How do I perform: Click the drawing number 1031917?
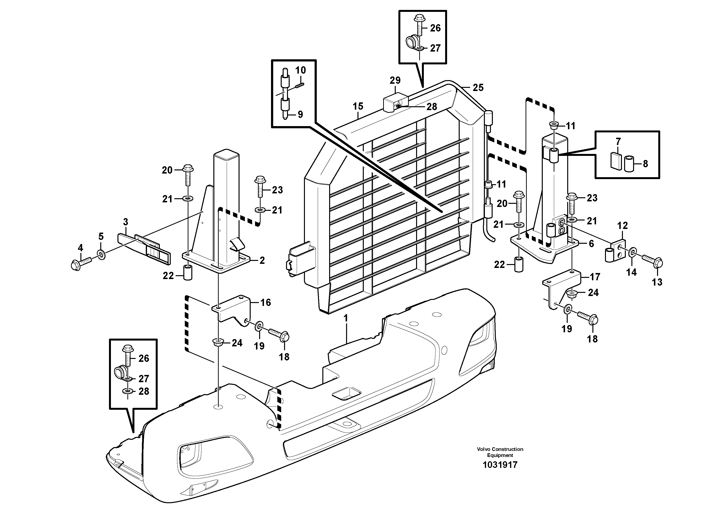pos(500,465)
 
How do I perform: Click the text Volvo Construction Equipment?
pos(500,452)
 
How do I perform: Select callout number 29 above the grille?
pos(395,80)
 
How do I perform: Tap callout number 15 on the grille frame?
pos(358,106)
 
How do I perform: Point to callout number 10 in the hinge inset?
pos(301,70)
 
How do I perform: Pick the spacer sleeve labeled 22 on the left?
pos(187,273)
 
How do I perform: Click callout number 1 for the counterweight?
pos(346,319)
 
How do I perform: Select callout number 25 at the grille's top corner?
pos(478,88)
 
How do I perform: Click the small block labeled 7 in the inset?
pos(616,161)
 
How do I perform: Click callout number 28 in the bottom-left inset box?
pos(144,391)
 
